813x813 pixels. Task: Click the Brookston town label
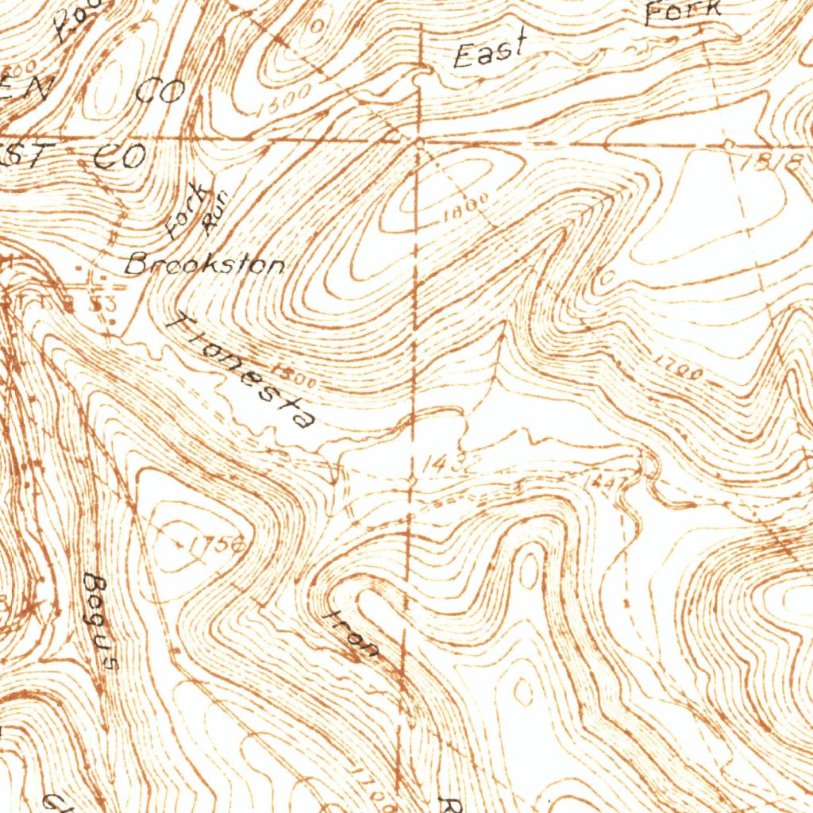coord(205,264)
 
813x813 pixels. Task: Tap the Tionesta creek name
coord(242,369)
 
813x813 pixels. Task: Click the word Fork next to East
coord(682,11)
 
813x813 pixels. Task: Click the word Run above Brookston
coord(214,213)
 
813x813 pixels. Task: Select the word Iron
coord(353,634)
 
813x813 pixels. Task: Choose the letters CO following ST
coord(119,156)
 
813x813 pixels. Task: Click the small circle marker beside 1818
coord(729,144)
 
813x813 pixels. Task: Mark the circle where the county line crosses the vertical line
coord(418,141)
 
